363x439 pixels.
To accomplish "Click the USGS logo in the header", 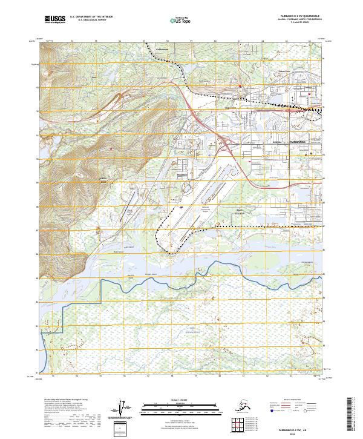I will click(56, 20).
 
